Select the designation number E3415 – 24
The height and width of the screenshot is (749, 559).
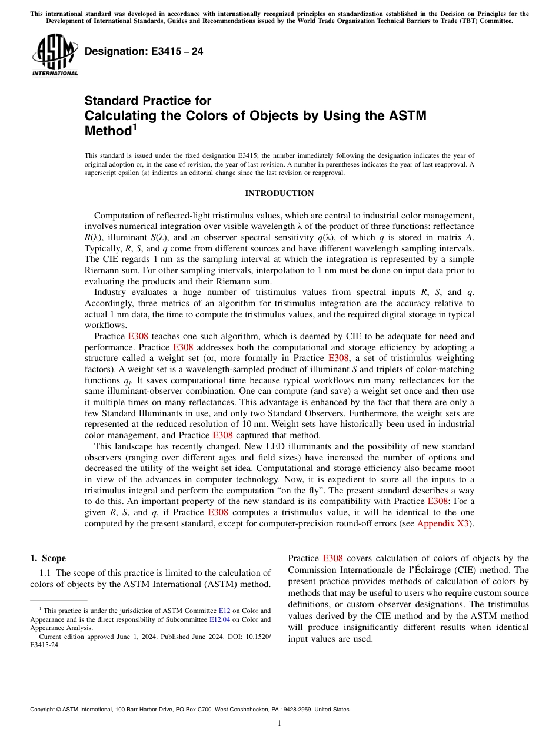tap(144, 51)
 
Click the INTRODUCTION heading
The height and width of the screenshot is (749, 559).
tap(279, 194)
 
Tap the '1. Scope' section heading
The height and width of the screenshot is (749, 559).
tap(48, 558)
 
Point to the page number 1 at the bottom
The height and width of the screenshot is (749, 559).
tap(279, 724)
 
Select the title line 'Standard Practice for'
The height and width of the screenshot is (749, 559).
tap(148, 101)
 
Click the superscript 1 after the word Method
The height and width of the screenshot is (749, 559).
tap(135, 126)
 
